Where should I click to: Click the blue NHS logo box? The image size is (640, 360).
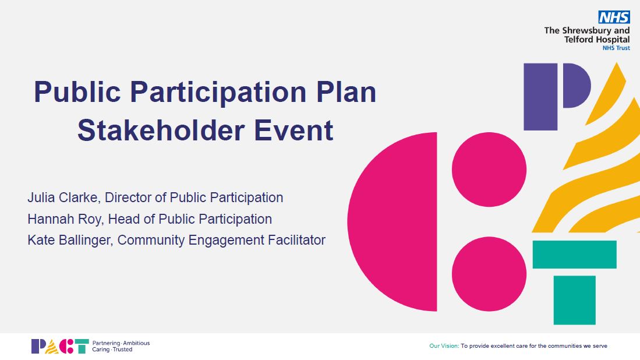tap(614, 17)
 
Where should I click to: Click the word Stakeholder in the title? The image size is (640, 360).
tap(161, 130)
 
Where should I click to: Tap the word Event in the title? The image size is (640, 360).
tap(294, 130)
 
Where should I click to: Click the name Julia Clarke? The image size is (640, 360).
tap(62, 197)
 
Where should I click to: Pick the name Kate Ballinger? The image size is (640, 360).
tap(69, 240)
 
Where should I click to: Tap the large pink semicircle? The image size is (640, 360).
tap(393, 221)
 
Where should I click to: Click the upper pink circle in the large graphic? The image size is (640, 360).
tap(489, 170)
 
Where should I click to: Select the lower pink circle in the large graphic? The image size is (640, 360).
tap(489, 274)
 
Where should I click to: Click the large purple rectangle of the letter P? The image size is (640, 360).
tap(540, 97)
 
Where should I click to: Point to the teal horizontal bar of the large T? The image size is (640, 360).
tap(574, 255)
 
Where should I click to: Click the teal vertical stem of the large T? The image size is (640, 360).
tap(574, 300)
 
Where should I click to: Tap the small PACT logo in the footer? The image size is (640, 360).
tap(60, 346)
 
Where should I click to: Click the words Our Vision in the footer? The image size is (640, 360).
tap(444, 345)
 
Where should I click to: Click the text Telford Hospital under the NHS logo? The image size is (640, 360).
tap(597, 40)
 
